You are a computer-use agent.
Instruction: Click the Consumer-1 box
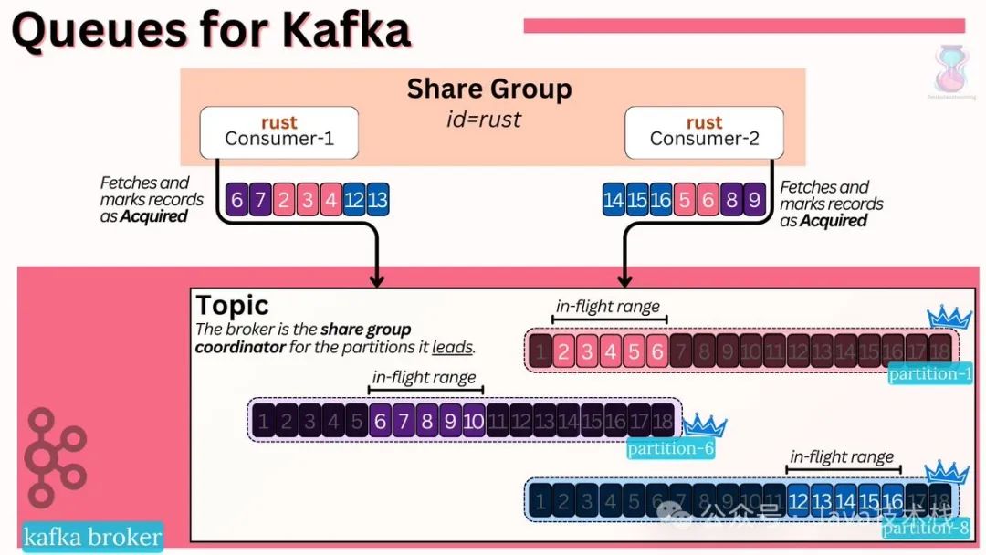tap(278, 131)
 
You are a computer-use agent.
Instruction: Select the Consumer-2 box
tap(704, 131)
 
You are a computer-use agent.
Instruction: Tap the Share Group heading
tap(488, 89)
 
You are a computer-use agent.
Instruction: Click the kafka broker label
tap(92, 537)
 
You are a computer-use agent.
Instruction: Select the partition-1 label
tap(930, 373)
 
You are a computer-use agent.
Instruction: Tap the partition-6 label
tap(670, 448)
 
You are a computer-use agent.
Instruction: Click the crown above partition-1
tap(949, 317)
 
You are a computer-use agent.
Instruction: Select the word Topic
tap(232, 305)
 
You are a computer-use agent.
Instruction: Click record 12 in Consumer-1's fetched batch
tap(354, 200)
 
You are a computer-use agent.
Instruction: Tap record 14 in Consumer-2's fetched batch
tap(614, 200)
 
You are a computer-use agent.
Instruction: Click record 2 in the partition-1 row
tap(564, 351)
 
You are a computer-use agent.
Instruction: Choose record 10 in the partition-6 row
tap(473, 422)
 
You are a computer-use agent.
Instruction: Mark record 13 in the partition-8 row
tap(822, 501)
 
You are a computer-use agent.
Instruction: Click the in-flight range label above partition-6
tap(424, 376)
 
